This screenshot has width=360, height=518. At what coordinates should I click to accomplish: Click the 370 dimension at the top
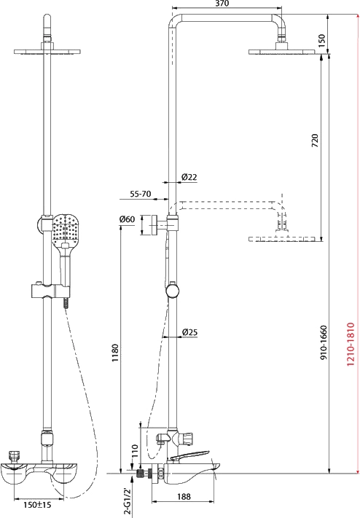(222, 4)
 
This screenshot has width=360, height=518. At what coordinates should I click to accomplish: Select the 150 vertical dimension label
(321, 39)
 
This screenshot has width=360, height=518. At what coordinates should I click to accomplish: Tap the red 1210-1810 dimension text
(351, 344)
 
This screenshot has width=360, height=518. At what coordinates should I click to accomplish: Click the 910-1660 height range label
(324, 342)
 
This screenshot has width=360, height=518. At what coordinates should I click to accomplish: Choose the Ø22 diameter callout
(189, 177)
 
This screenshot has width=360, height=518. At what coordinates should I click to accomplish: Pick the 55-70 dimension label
(140, 194)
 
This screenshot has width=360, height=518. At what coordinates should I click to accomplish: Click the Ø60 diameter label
(127, 219)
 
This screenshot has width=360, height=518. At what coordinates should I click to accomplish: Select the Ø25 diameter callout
(189, 331)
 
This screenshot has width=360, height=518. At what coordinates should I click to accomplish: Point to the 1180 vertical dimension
(114, 353)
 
